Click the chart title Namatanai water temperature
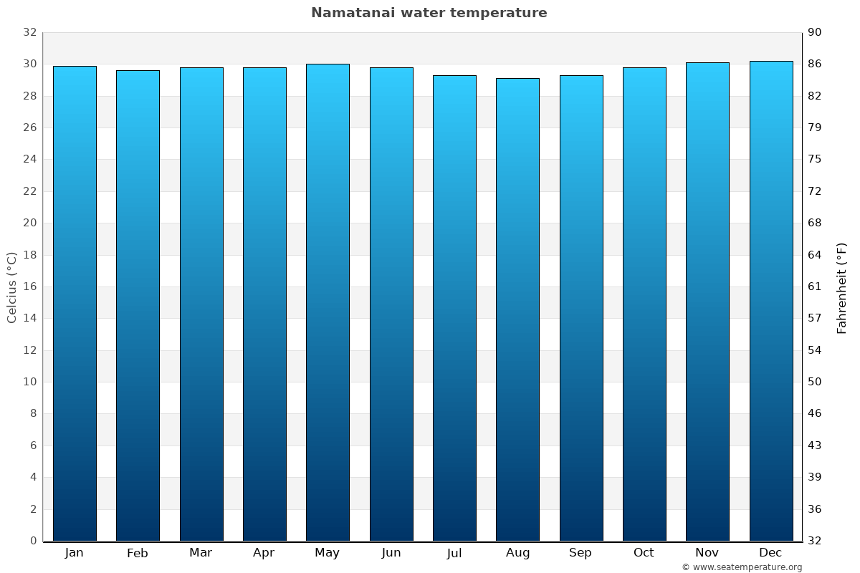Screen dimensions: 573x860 [429, 13]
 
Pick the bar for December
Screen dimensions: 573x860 [770, 301]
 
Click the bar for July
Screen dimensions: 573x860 [454, 308]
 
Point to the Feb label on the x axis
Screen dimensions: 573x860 [137, 553]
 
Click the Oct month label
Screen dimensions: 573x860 [644, 553]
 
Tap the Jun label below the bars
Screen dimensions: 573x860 [391, 553]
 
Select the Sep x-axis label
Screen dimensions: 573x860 [580, 553]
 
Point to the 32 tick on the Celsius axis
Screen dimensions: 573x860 [29, 33]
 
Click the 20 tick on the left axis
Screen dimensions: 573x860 [29, 223]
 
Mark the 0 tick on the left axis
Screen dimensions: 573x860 [33, 541]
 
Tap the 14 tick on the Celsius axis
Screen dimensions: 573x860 [29, 318]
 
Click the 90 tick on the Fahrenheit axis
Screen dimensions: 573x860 [816, 33]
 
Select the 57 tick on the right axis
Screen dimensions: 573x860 [816, 318]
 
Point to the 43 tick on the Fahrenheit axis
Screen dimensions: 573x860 [816, 446]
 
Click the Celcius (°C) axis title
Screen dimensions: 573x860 [11, 287]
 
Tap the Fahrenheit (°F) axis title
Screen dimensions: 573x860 [841, 287]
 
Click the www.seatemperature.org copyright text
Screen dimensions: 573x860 [741, 567]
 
